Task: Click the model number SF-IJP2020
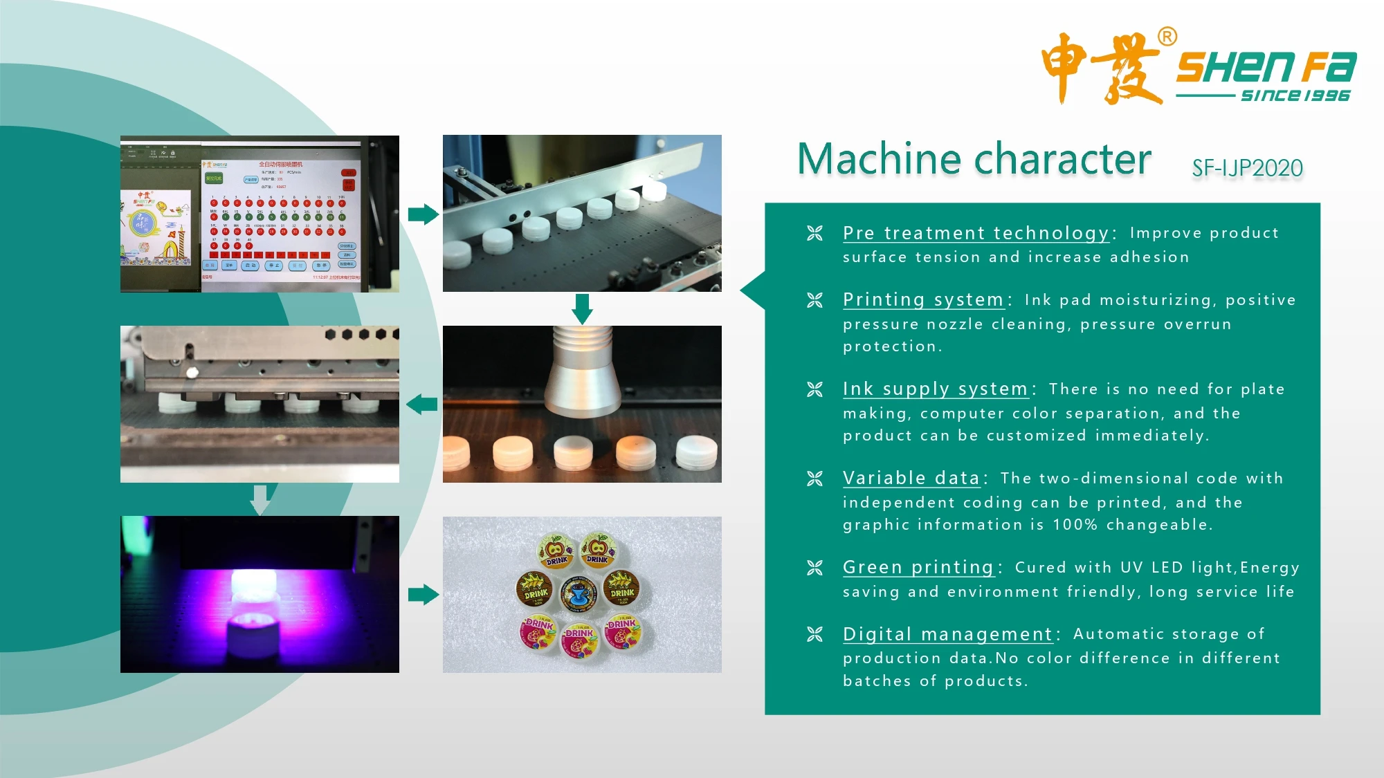(1247, 168)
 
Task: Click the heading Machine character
(974, 159)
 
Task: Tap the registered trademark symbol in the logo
(1167, 37)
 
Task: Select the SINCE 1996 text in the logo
(1295, 95)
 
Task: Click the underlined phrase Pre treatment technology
(976, 233)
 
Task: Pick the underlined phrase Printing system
(923, 299)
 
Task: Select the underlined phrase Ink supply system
(935, 389)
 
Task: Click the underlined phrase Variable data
(911, 478)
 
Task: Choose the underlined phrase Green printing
(918, 567)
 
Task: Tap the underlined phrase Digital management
(947, 634)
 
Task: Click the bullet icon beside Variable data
(814, 479)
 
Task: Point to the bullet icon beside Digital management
(814, 634)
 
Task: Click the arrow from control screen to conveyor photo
(423, 214)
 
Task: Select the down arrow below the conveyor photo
(582, 308)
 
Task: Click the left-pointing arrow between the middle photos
(421, 404)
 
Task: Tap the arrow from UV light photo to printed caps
(423, 594)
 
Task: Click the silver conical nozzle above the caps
(583, 373)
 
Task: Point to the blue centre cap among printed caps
(579, 593)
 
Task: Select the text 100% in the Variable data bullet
(1075, 525)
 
